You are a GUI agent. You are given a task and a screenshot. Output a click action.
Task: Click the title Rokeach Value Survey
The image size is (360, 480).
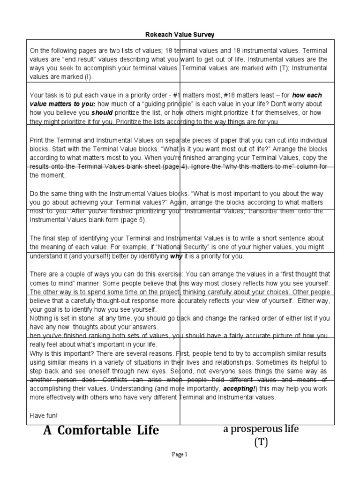point(180,34)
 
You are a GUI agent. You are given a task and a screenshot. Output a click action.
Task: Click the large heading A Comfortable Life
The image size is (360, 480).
point(101,430)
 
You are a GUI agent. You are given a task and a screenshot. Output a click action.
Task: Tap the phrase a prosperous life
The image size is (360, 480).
point(261,429)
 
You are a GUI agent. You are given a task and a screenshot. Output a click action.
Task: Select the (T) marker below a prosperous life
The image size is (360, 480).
point(261,442)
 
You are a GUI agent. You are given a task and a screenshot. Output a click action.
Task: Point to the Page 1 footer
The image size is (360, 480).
point(180,454)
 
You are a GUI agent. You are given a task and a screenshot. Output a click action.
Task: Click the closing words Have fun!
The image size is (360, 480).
point(44,415)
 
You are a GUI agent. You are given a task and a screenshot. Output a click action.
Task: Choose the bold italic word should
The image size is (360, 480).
point(102,113)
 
